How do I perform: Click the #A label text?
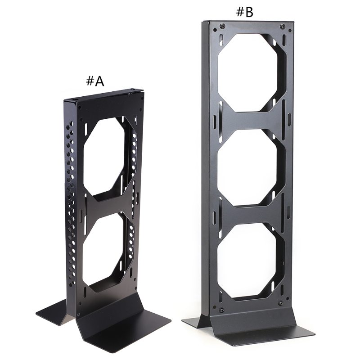(x=95, y=81)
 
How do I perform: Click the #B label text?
(x=245, y=12)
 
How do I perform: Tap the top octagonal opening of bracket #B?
(x=252, y=72)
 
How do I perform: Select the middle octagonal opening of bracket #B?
(x=252, y=167)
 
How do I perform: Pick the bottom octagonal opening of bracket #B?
(x=251, y=261)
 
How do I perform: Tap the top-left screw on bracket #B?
(x=222, y=26)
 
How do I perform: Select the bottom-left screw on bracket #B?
(x=221, y=310)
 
